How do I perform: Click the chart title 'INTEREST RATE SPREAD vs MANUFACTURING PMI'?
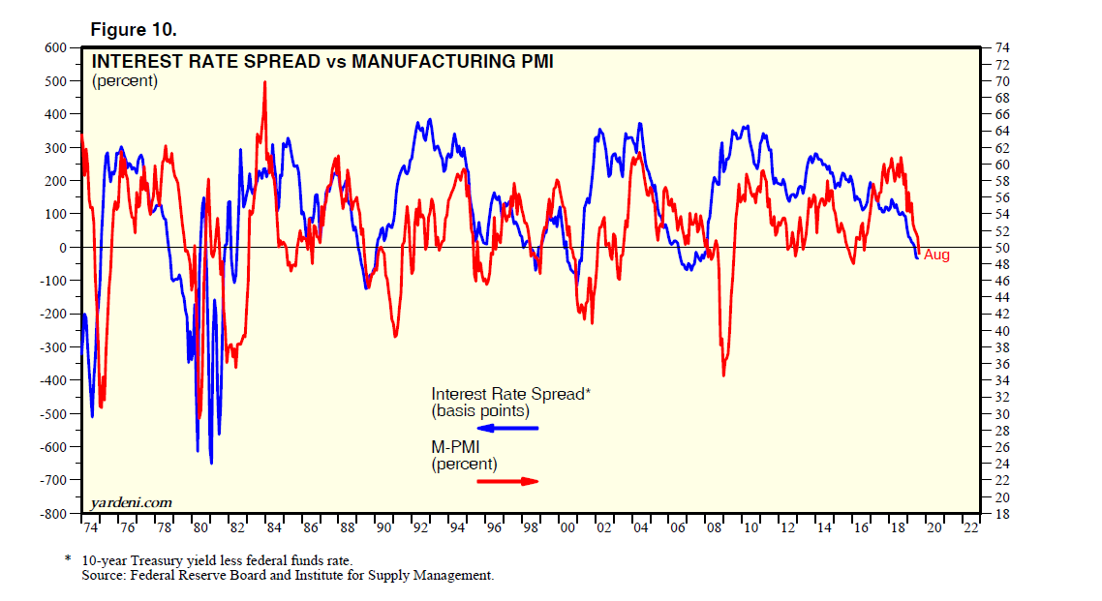pos(322,62)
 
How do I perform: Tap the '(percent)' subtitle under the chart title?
pos(125,81)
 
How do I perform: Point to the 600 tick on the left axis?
pos(55,47)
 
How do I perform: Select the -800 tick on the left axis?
pos(52,514)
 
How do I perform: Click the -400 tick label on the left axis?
pos(52,381)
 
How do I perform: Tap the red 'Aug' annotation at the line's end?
pos(936,255)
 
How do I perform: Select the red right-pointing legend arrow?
pos(507,481)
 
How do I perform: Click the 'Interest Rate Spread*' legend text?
pos(508,394)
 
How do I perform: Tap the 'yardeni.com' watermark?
pos(132,502)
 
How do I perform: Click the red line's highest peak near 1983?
pos(264,82)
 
